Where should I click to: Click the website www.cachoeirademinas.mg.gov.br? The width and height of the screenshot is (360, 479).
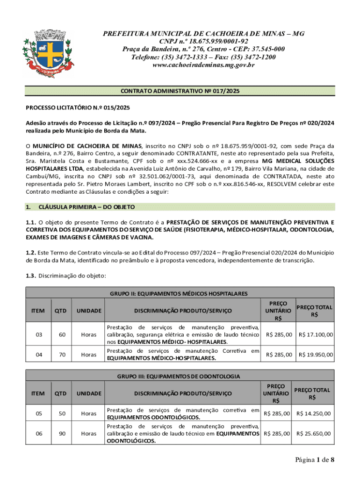[204, 65]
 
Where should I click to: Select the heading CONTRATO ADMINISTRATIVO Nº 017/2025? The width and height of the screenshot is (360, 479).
[180, 91]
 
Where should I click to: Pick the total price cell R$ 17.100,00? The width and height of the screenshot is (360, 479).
[316, 334]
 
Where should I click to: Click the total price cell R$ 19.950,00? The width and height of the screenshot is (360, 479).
[316, 355]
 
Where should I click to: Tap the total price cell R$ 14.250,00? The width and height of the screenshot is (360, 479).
[314, 414]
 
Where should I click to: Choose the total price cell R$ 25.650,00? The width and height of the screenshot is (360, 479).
[314, 434]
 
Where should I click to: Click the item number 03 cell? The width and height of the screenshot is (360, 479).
[38, 334]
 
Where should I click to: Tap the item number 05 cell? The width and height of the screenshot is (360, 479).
[38, 414]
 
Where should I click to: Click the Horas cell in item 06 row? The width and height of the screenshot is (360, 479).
[89, 434]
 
